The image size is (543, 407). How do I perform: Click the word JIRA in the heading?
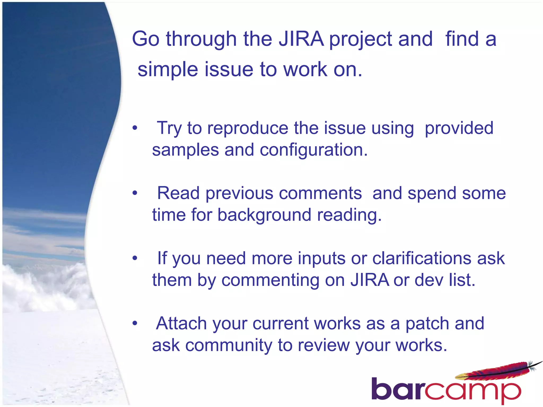[x=301, y=39]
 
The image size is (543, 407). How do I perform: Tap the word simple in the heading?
[x=168, y=69]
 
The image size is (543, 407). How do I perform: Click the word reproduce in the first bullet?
[x=248, y=128]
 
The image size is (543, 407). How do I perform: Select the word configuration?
[x=313, y=150]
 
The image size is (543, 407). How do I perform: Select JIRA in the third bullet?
[x=370, y=280]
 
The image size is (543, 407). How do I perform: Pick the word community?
[x=229, y=346]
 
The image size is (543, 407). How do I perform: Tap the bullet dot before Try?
[x=135, y=128]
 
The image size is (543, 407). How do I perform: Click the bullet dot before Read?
[x=135, y=193]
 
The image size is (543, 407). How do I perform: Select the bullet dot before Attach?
[x=135, y=324]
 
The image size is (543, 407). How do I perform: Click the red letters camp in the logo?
[x=472, y=391]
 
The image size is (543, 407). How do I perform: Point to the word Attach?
[x=181, y=324]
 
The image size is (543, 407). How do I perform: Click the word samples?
[x=185, y=150]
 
